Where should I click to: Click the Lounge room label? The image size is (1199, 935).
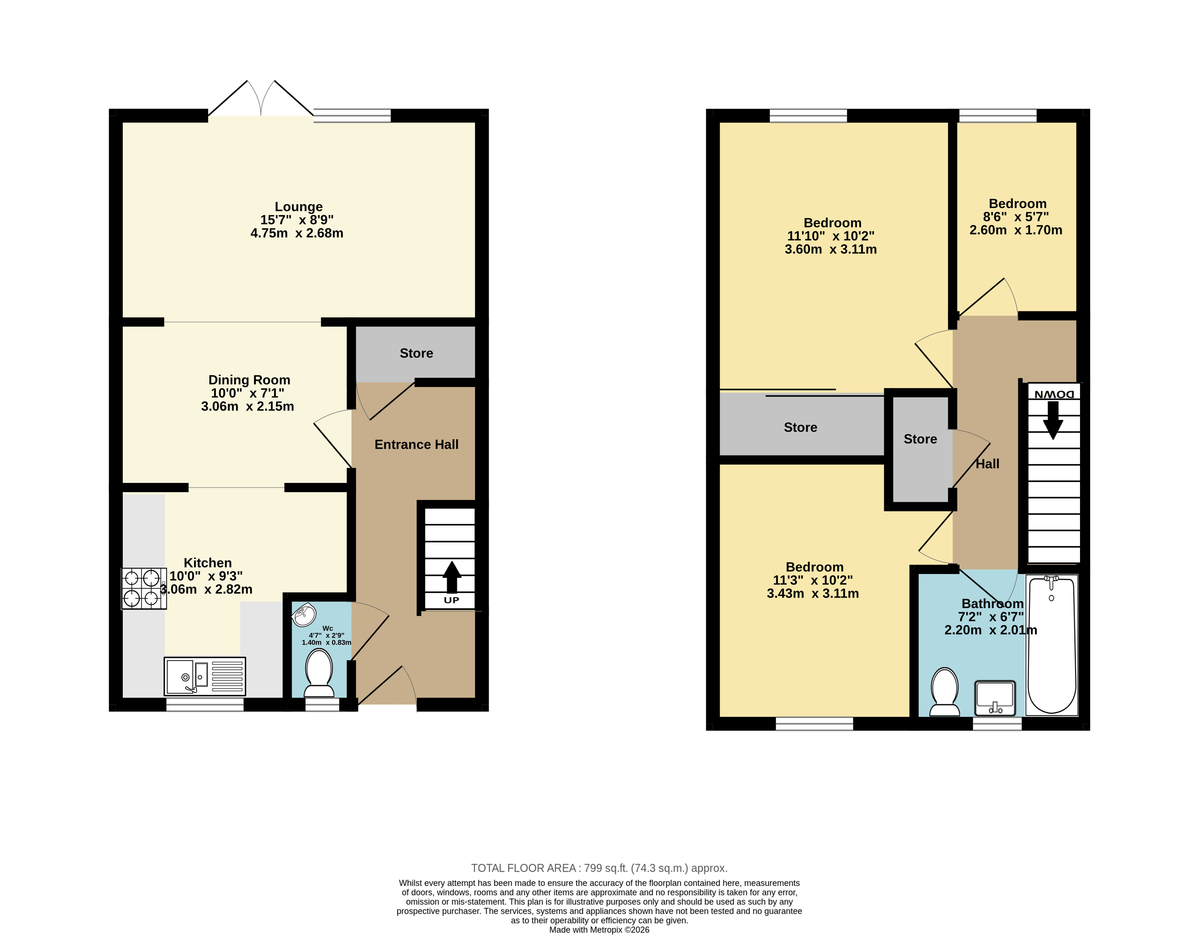299,207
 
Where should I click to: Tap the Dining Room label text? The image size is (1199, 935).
249,380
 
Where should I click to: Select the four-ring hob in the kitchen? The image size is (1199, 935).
144,589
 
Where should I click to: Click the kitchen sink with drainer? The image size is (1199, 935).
205,676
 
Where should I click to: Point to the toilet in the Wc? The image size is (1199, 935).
319,673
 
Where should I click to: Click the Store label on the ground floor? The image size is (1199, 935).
416,353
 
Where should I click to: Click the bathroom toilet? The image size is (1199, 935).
945,691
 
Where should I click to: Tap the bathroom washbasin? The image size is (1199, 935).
995,698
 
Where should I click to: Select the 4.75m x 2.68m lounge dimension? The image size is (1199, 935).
297,233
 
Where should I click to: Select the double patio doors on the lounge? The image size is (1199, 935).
261,98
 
